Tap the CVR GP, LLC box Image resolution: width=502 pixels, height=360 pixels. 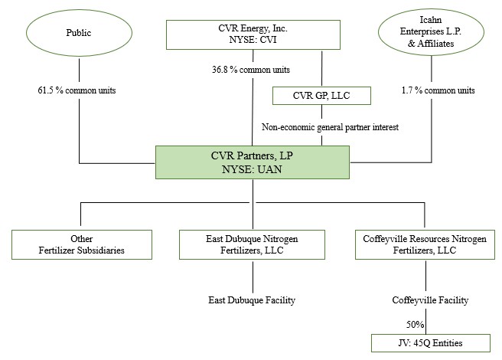[x=321, y=96]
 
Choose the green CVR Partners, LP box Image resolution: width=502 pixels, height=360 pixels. [x=252, y=162]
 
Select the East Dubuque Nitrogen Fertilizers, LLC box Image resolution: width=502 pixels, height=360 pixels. [x=252, y=244]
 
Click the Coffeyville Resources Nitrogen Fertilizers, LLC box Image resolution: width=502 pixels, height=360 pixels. [x=423, y=244]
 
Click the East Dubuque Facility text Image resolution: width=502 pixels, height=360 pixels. [x=252, y=300]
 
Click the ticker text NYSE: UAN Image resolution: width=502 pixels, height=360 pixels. [x=252, y=169]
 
